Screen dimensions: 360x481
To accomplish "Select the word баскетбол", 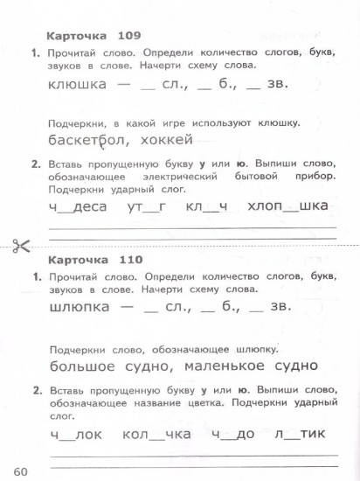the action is [87, 142].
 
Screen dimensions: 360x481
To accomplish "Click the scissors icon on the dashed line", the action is [20, 243].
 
